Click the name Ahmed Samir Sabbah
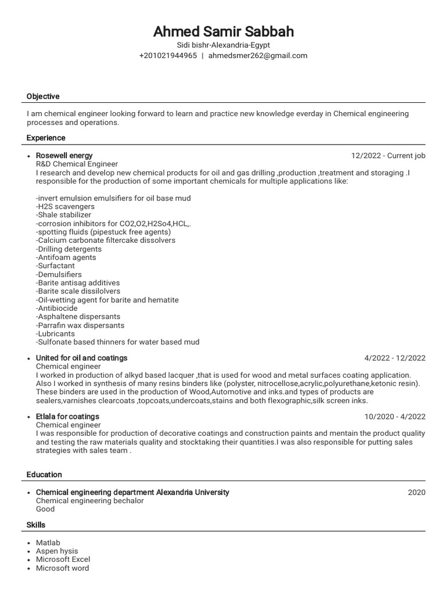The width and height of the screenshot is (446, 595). tap(223, 31)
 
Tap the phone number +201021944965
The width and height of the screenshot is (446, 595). tap(168, 56)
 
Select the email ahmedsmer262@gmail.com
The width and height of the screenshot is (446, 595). tap(258, 56)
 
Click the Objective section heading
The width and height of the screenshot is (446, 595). tap(43, 96)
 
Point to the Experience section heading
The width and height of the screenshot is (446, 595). tap(46, 138)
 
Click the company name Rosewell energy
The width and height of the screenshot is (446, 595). tap(64, 156)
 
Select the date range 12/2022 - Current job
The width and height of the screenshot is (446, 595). tap(388, 156)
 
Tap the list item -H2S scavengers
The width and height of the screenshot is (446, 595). tap(65, 207)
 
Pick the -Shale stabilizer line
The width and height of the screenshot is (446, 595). tap(63, 215)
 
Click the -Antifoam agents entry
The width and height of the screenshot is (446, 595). tap(66, 257)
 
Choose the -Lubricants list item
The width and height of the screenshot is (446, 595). tap(55, 334)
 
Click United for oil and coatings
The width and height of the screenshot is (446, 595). tap(81, 358)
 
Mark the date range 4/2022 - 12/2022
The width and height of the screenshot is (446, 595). tap(395, 358)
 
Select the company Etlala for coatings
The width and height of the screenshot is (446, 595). tap(67, 417)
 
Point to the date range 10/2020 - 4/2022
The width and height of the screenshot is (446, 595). tap(395, 417)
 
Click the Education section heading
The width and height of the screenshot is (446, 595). tap(44, 475)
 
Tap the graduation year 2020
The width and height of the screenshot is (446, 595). tap(416, 493)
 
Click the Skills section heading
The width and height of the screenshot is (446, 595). tap(36, 525)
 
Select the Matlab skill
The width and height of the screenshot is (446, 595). tap(48, 543)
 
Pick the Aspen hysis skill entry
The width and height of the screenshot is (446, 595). tap(57, 551)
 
